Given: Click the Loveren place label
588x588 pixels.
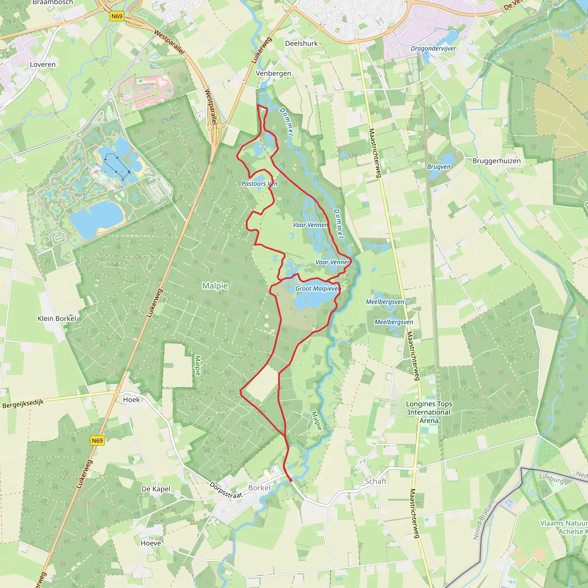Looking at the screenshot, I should (42, 65).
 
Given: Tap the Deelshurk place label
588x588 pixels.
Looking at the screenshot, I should (301, 44).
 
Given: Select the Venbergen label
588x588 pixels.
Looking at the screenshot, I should (273, 73).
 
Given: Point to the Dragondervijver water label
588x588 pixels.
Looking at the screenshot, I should (433, 49).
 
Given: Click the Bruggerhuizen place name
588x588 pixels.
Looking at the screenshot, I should (496, 161).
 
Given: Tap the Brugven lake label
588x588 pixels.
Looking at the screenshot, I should (439, 167).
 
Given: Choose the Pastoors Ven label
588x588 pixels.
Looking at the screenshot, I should (259, 183).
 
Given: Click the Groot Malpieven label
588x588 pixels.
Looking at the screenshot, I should (318, 289).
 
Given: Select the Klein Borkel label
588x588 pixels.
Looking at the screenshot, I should (57, 318).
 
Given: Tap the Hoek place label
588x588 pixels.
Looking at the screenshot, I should (131, 400).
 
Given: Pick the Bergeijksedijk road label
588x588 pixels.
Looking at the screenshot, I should (23, 404).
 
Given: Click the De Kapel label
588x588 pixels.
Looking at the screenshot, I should (156, 489).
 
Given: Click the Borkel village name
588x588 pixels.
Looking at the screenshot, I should (259, 488).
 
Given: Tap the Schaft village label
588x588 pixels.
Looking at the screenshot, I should (376, 481).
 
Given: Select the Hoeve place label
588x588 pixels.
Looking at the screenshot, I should (151, 543).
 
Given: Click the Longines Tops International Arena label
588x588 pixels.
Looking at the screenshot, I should (429, 412).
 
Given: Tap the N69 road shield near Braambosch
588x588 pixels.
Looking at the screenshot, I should (117, 16).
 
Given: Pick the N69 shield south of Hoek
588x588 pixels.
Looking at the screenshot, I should (97, 440).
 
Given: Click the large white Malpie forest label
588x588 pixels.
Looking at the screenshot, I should (215, 286).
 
